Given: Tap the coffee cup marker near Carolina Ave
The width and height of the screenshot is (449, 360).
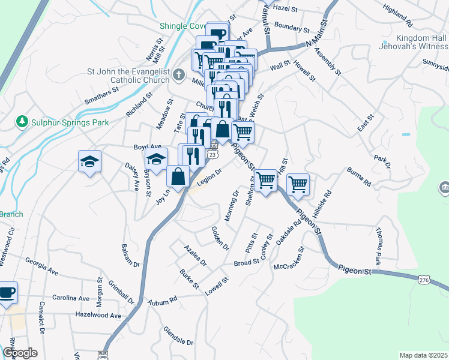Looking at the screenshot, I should coord(7,293).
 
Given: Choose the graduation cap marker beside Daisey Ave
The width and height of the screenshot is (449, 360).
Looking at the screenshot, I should coord(89,161).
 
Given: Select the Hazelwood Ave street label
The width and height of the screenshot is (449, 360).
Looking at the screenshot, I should coord(98,315).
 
